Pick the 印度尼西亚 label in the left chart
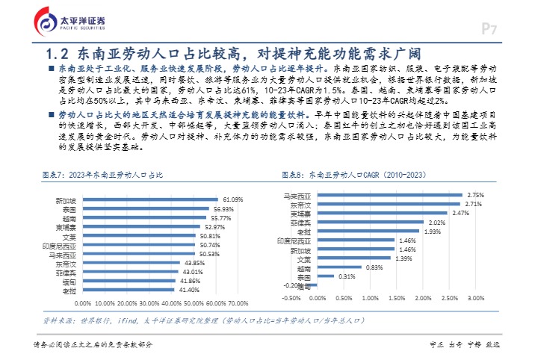pyautogui.click(x=60, y=245)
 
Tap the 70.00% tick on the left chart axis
pyautogui.click(x=238, y=303)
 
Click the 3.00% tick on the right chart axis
pyautogui.click(x=475, y=297)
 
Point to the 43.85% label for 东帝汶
pyautogui.click(x=194, y=263)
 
